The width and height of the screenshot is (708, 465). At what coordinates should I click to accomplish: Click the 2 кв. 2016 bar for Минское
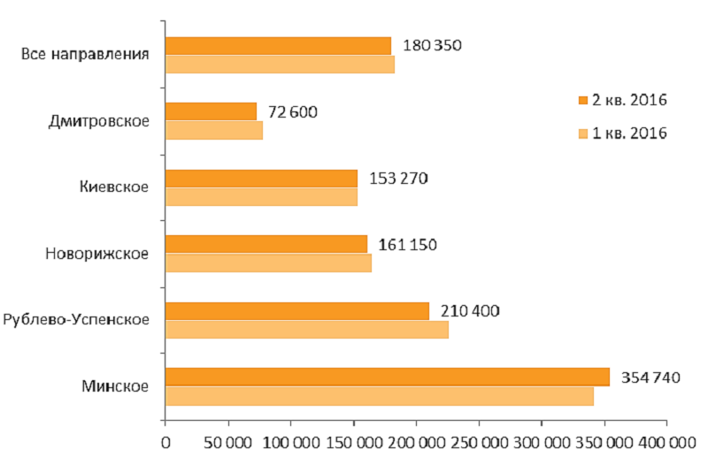(x=387, y=377)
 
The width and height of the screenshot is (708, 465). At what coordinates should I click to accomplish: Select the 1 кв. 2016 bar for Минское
(x=379, y=395)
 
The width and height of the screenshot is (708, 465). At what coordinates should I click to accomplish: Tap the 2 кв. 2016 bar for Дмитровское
(x=211, y=111)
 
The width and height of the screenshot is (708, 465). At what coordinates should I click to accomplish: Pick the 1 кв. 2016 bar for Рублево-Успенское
(x=306, y=329)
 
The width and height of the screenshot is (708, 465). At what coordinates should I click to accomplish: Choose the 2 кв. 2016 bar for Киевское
(x=261, y=178)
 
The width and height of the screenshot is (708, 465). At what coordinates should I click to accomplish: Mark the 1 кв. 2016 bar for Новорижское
(x=268, y=263)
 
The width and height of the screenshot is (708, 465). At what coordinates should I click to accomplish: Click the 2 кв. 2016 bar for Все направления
(x=278, y=45)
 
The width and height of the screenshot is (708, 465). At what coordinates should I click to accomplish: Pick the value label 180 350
(x=432, y=45)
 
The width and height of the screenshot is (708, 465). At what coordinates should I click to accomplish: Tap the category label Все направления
(x=84, y=53)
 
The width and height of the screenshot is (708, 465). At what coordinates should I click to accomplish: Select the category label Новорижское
(x=96, y=254)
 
